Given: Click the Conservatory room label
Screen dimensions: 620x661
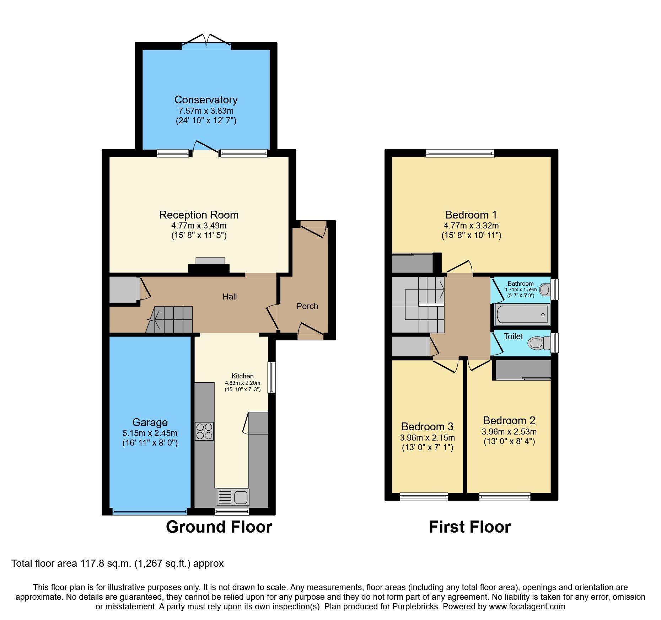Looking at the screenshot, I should coord(206,100).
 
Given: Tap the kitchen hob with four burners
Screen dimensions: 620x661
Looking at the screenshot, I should coord(204,431).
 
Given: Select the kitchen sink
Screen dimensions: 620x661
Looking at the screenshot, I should coord(233,497).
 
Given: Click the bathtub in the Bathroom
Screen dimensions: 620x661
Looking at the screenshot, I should coord(522,314).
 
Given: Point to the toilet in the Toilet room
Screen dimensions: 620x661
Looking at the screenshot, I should coord(538,343).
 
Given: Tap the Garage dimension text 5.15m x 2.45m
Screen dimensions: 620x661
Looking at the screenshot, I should coord(150,433).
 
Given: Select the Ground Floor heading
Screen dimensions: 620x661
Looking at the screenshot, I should coord(219,527).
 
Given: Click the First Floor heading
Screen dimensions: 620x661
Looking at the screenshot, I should coord(469,527).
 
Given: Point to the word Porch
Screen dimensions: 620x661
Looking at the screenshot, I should coord(307,306).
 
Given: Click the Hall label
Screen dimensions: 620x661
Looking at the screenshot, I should coord(230,297).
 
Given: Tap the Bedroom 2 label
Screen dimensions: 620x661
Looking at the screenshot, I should coord(509,421).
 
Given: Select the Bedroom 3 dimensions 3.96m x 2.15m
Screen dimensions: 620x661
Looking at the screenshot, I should coord(427,438).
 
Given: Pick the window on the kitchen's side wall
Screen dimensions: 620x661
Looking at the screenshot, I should coord(272,377).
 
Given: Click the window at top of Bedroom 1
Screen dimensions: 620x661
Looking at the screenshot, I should coord(460,153).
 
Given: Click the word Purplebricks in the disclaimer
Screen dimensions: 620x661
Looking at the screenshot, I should coord(415,606).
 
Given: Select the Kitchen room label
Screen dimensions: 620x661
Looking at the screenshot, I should coord(242,376).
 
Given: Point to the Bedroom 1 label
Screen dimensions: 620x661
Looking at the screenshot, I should coord(471,215).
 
